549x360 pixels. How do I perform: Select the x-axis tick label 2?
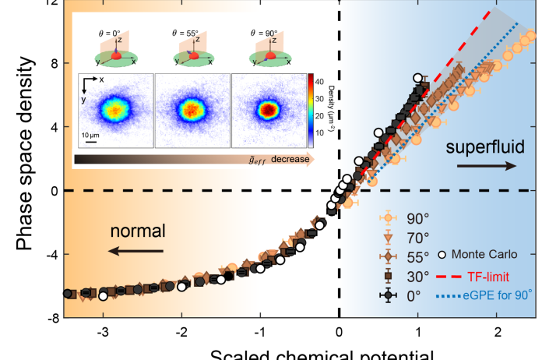pyautogui.click(x=497, y=332)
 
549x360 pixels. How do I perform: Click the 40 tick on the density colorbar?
pyautogui.click(x=320, y=80)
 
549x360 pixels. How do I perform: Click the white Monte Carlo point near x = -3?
pyautogui.click(x=104, y=295)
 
